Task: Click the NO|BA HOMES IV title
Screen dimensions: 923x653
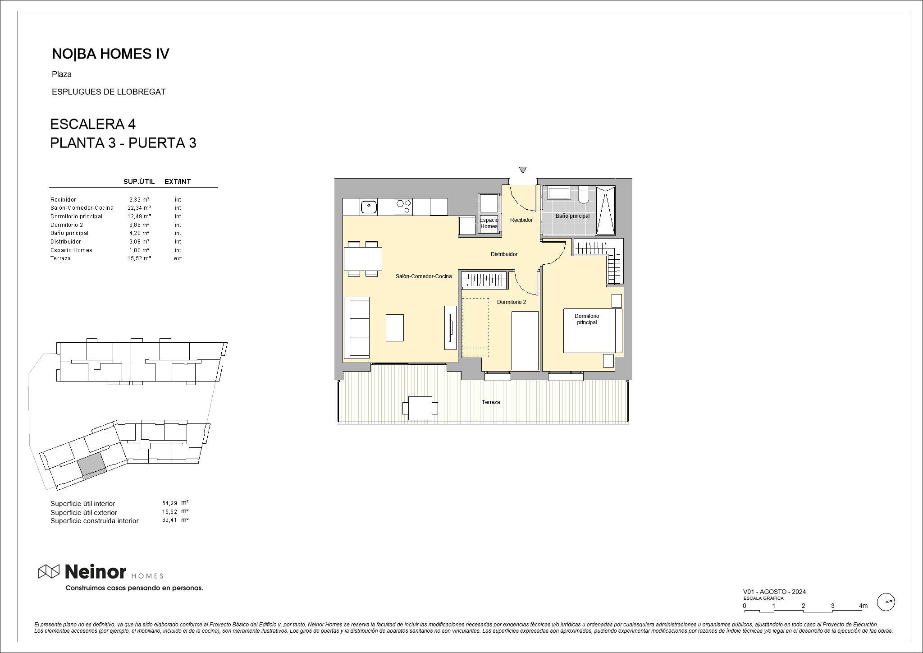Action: (x=110, y=54)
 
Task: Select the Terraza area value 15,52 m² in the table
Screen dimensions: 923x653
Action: (x=139, y=258)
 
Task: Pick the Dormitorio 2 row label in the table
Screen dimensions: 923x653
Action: (x=67, y=225)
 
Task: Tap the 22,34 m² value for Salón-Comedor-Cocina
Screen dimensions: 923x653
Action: (x=139, y=208)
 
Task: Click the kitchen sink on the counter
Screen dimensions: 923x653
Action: (x=369, y=207)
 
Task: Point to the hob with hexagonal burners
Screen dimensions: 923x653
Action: (x=404, y=207)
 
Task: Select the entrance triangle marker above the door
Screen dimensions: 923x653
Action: (x=523, y=170)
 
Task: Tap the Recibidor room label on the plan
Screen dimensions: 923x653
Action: (x=521, y=220)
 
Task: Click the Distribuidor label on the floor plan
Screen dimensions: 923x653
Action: (x=504, y=254)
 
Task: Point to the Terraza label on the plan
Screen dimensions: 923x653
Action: (x=491, y=402)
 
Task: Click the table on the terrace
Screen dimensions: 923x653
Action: (x=420, y=408)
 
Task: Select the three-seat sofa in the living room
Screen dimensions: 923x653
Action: (x=356, y=328)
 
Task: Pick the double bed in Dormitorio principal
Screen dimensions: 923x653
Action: (x=593, y=331)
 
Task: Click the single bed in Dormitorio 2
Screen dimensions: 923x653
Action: (x=525, y=340)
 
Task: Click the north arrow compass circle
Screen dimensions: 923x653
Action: (x=886, y=602)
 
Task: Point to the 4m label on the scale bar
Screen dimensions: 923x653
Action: (x=863, y=606)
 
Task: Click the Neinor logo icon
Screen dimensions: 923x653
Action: (x=49, y=571)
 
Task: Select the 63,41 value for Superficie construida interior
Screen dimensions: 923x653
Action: (x=169, y=520)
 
